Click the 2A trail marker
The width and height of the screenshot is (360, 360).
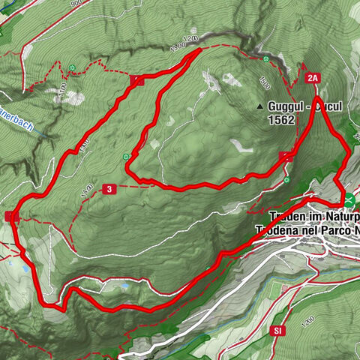click(313, 76)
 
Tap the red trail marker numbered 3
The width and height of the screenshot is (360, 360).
click(109, 189)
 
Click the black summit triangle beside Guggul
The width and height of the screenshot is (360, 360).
click(260, 106)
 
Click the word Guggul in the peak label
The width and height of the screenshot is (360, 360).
click(283, 107)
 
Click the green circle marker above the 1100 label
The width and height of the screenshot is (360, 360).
click(72, 68)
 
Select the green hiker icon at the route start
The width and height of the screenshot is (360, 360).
click(350, 199)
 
